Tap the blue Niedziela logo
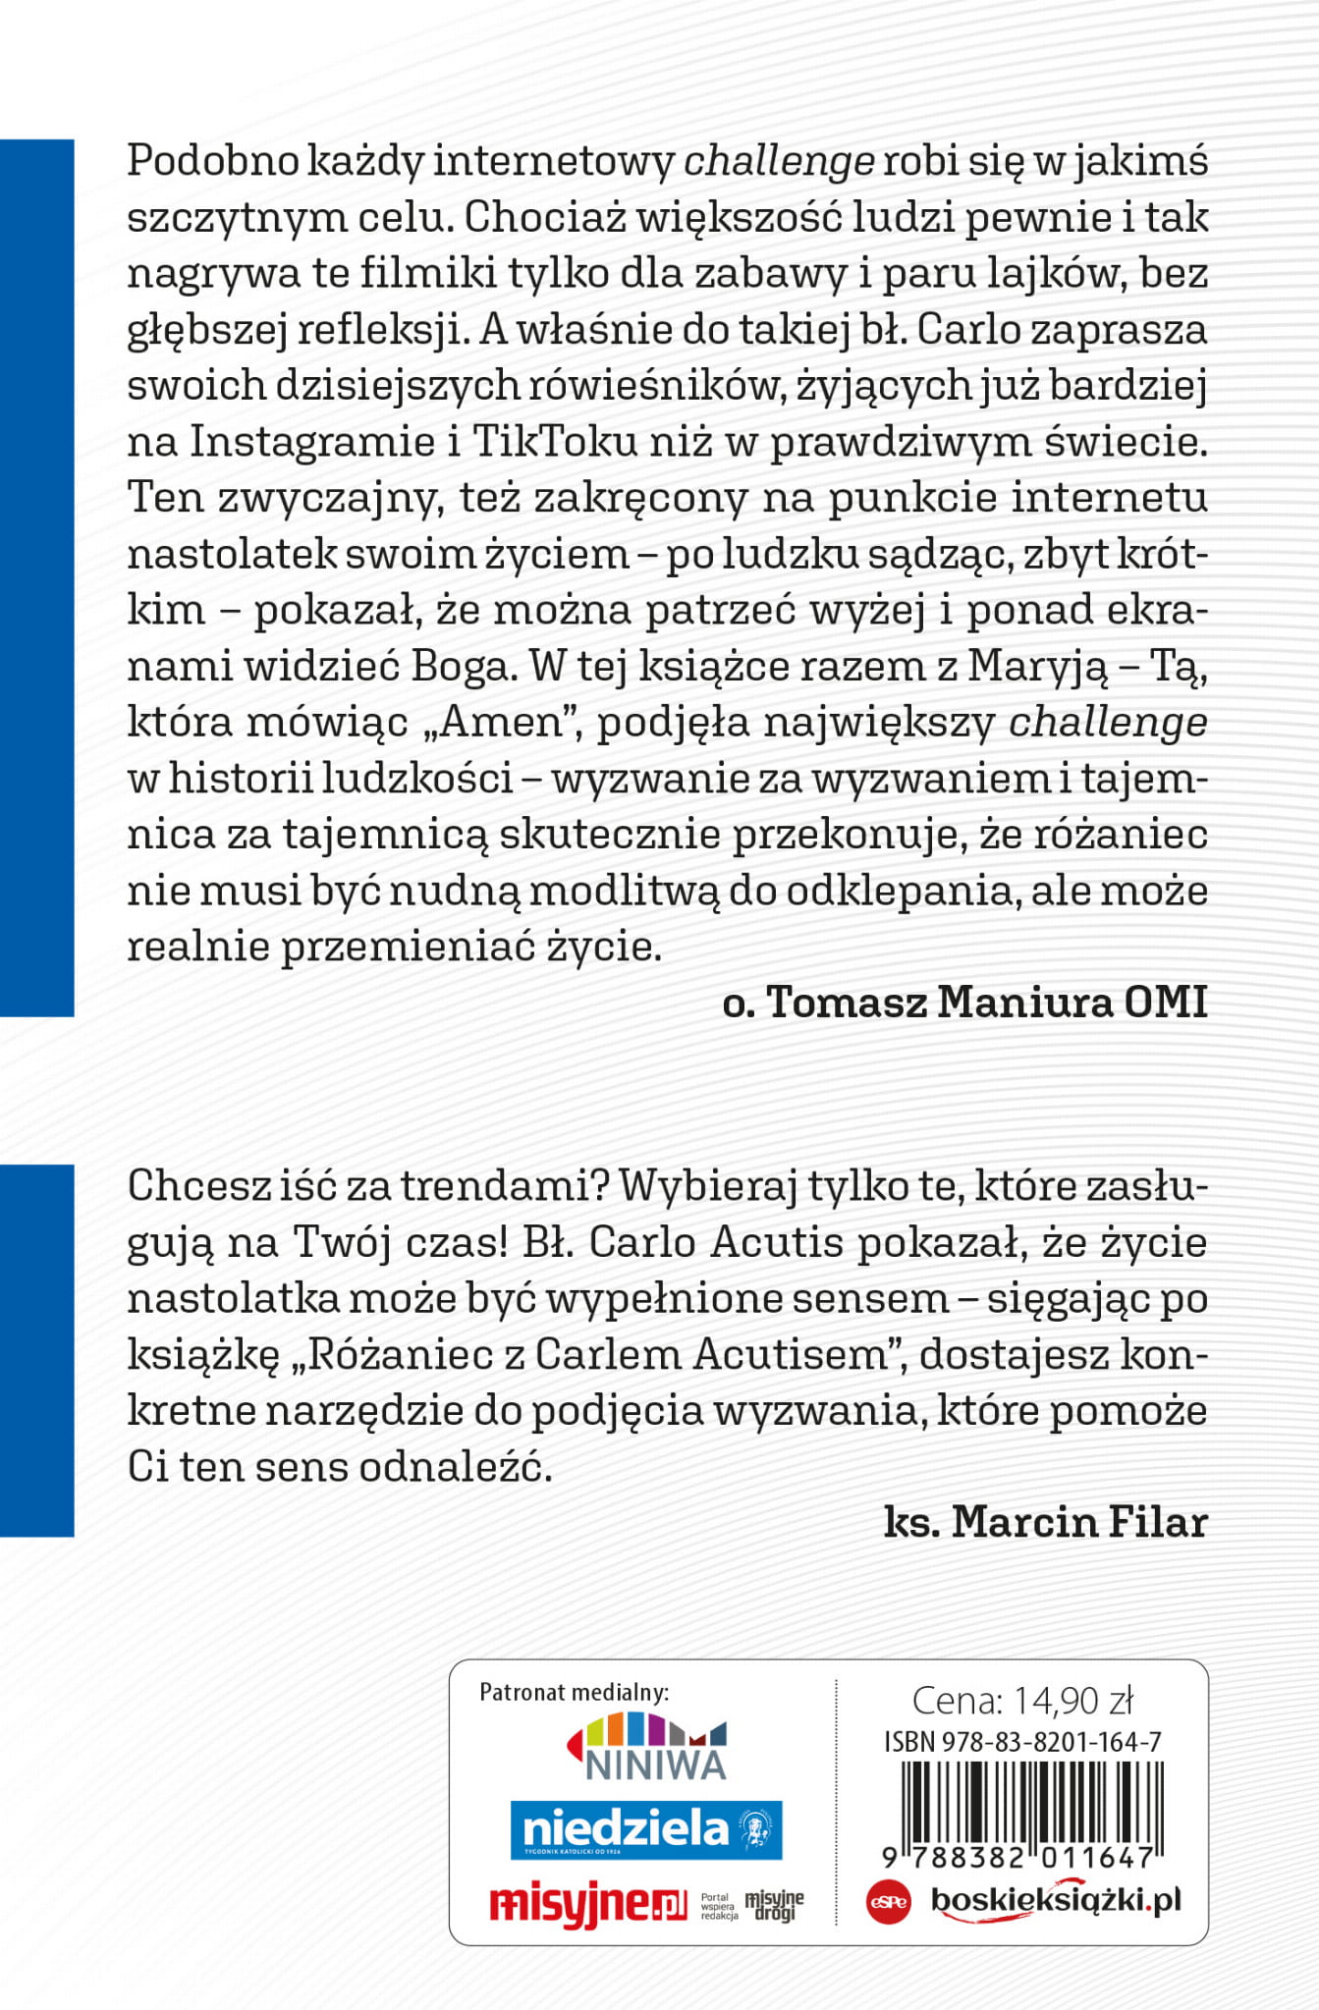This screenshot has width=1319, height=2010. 645,1829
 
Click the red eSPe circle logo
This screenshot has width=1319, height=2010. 888,1902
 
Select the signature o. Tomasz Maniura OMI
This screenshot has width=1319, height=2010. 964,1003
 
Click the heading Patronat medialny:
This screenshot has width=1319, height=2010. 574,1691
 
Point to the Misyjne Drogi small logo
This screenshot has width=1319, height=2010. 774,1906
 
